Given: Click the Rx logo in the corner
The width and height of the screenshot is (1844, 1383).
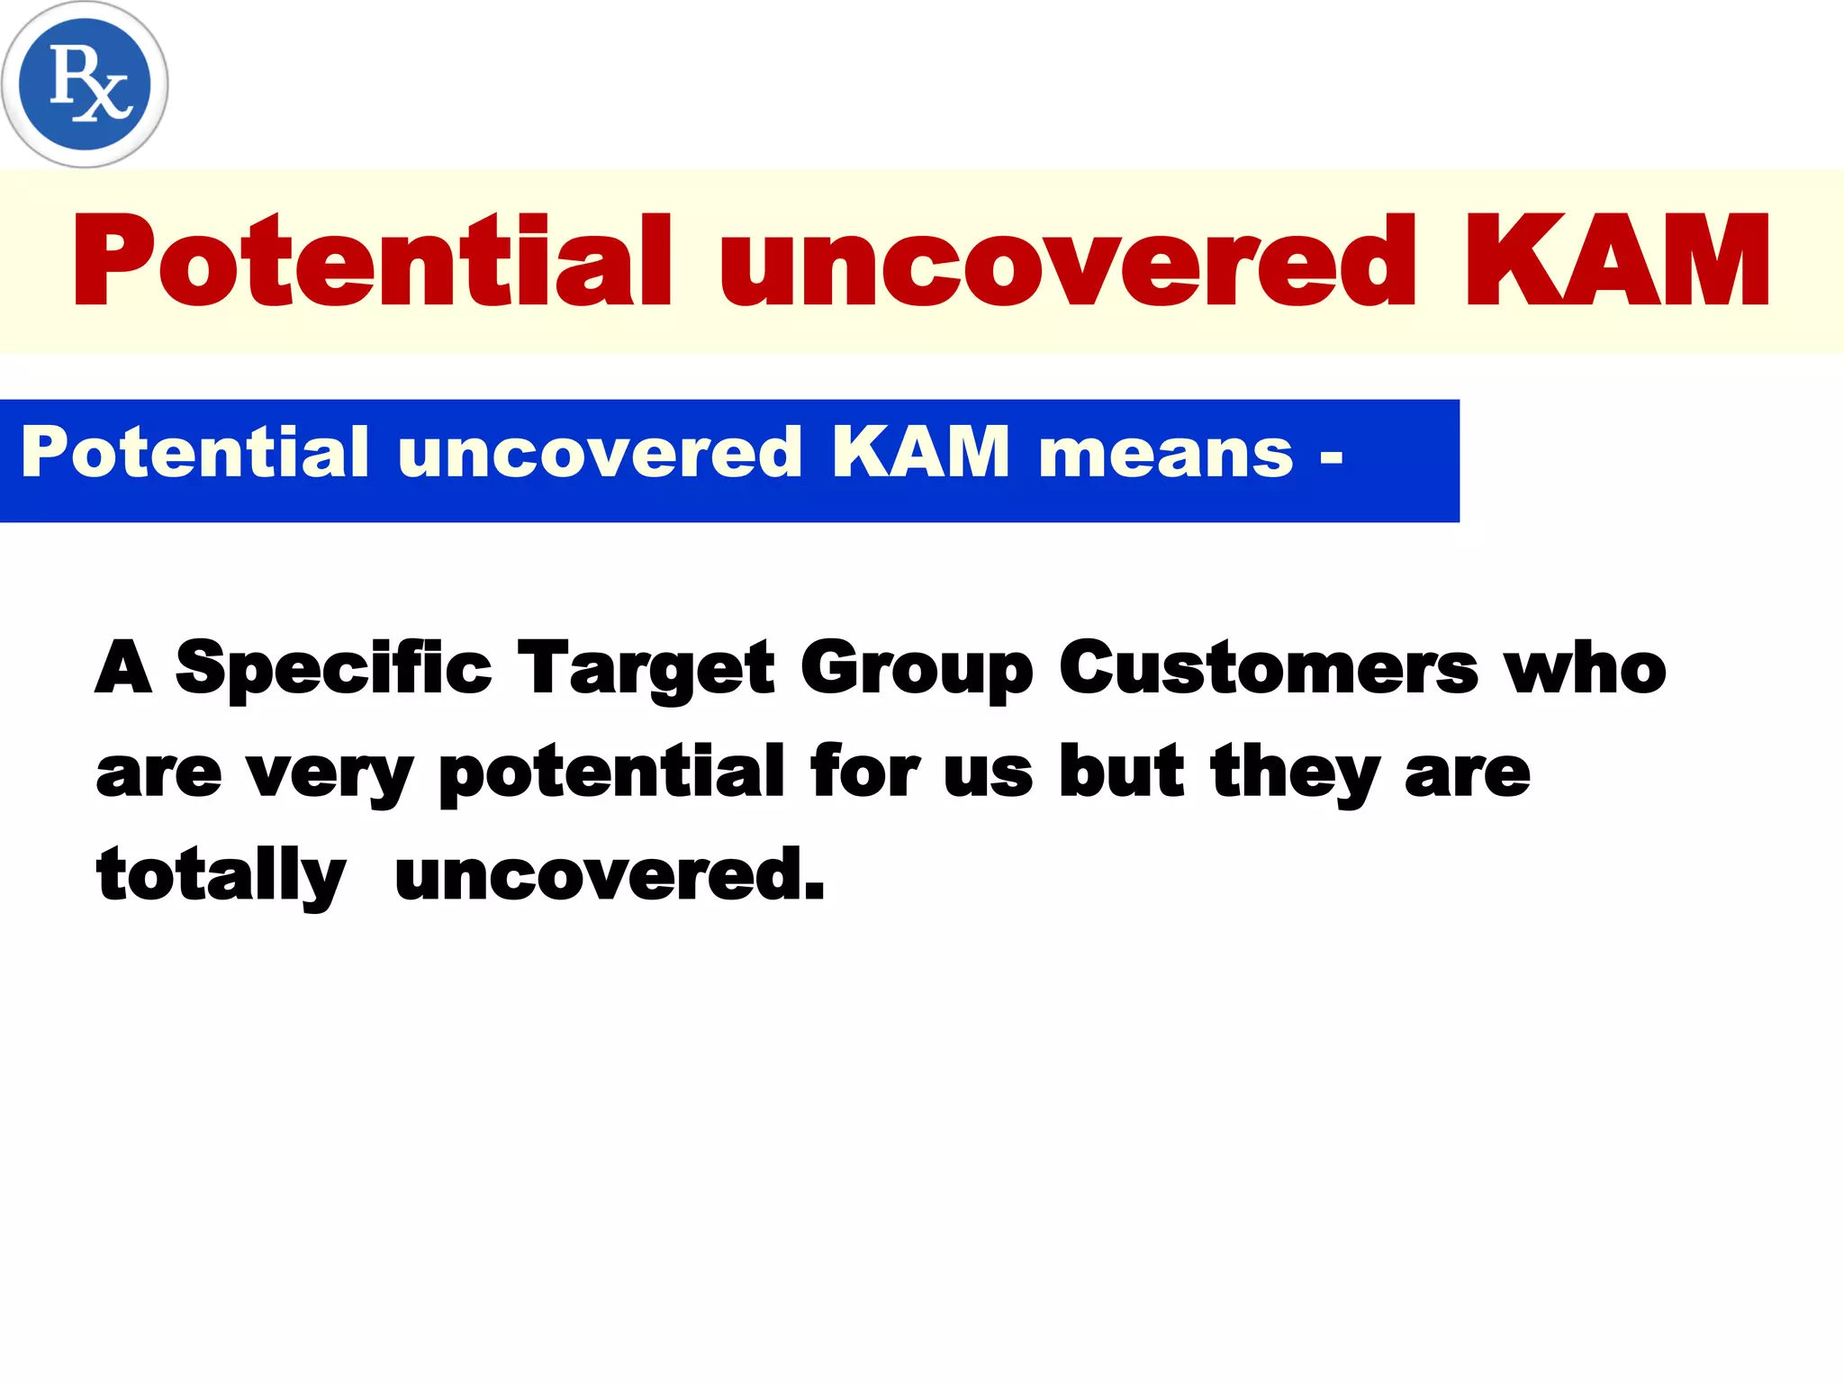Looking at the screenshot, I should [x=85, y=85].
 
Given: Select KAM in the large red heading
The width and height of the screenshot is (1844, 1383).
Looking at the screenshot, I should [x=1617, y=262].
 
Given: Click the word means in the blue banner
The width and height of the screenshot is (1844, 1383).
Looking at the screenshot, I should [x=1165, y=453].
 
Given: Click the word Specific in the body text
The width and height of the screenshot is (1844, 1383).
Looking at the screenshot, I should [x=333, y=669].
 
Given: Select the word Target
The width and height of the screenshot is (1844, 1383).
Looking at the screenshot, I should [x=646, y=669].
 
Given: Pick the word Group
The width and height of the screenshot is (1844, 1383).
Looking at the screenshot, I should [x=916, y=669].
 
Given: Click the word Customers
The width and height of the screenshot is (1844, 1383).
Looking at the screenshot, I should [x=1269, y=669].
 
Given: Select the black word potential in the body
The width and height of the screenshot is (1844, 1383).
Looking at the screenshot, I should [x=612, y=773].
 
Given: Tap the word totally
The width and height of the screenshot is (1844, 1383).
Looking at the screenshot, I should [x=221, y=875].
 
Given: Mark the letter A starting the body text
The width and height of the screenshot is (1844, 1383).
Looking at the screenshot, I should [x=123, y=667].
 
